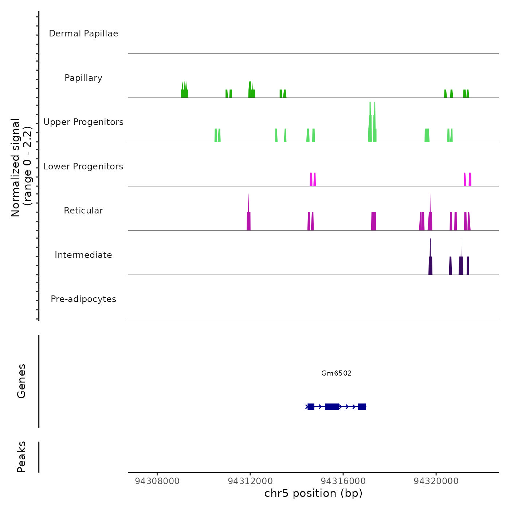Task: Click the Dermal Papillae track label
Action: [83, 34]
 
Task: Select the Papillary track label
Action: [83, 78]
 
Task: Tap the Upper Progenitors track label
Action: [83, 122]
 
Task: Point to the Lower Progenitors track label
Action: [83, 166]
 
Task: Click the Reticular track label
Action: [83, 211]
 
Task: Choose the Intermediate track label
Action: [83, 255]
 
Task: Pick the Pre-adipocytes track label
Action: [83, 299]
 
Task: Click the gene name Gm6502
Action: [336, 373]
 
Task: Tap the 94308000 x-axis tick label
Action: [157, 481]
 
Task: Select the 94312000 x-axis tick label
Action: [250, 481]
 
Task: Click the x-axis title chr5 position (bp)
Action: [313, 493]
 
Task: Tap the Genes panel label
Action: [21, 381]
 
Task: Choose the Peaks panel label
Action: [21, 457]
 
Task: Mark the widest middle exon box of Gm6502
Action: [332, 407]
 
